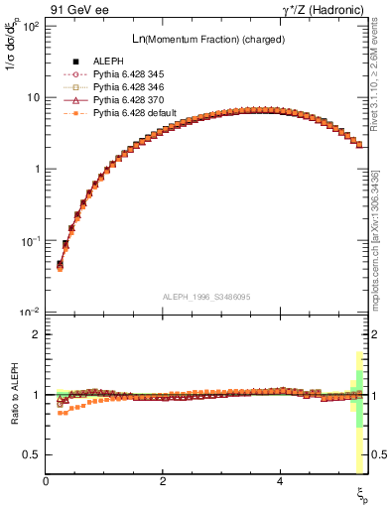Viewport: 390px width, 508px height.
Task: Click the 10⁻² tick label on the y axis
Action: (x=31, y=313)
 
